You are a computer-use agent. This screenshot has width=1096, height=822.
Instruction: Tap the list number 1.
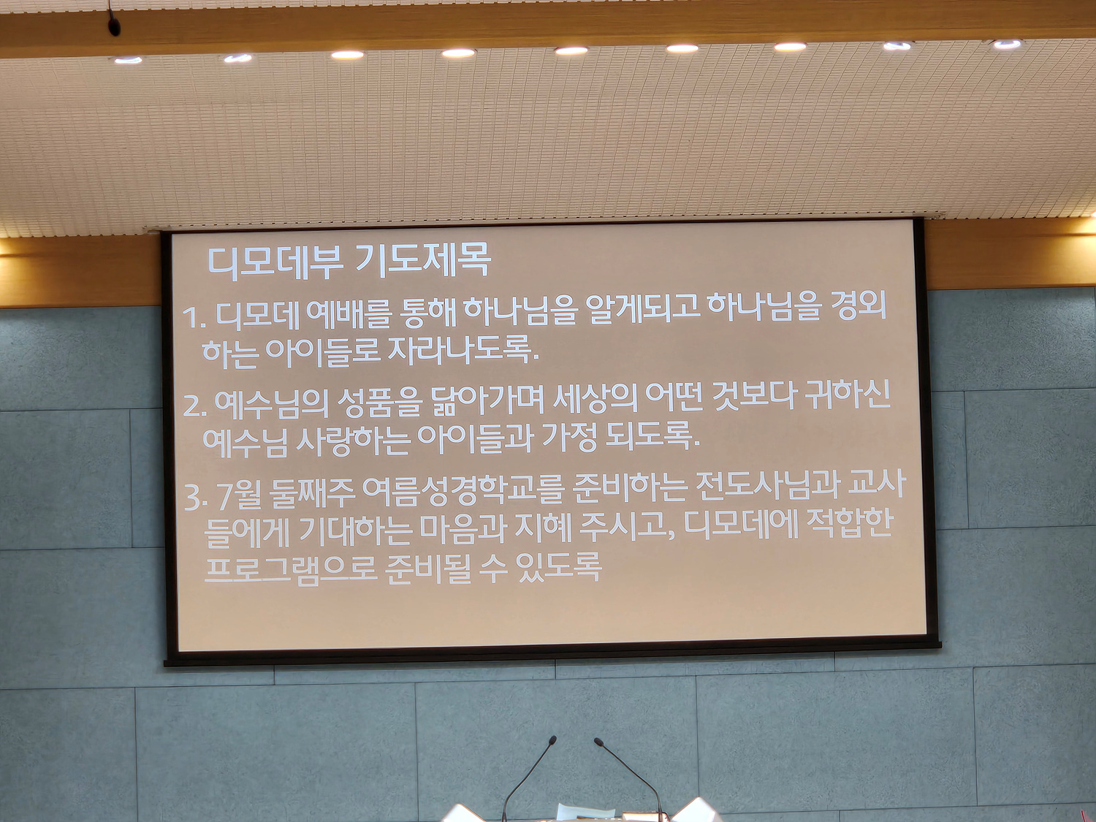[x=194, y=317]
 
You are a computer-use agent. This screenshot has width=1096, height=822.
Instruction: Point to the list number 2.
[x=194, y=406]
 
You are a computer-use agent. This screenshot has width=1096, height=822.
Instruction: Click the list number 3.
[x=194, y=497]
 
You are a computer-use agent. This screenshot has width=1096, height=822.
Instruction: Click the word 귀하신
[x=848, y=396]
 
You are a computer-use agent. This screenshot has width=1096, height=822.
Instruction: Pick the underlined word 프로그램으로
[x=290, y=569]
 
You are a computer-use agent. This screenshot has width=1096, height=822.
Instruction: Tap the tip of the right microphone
[x=598, y=742]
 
